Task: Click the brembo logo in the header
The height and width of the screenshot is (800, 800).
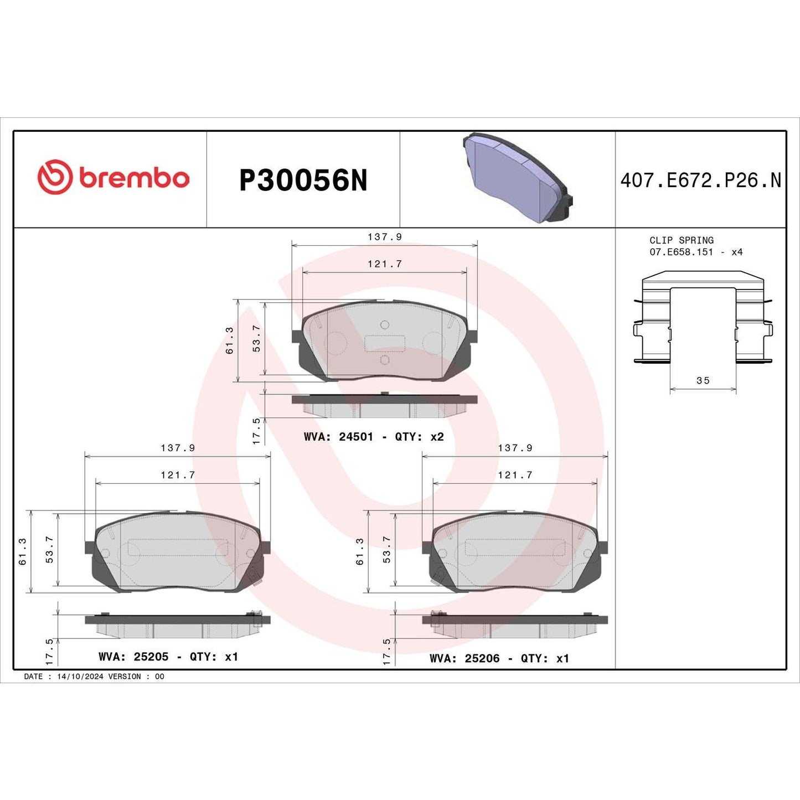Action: coord(113,178)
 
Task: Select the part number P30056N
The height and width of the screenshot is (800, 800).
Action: coord(303,180)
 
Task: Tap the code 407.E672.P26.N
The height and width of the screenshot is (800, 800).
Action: coord(700,180)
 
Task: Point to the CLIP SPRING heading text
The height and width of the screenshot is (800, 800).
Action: coord(681,240)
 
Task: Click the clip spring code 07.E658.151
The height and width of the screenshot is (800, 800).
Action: coord(681,252)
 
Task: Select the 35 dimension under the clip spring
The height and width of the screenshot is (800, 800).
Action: coord(703,380)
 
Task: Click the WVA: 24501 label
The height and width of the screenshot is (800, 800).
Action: coord(338,437)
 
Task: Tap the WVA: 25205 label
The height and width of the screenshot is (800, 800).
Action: coord(133,657)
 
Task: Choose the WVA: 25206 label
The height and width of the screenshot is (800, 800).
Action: coord(464,658)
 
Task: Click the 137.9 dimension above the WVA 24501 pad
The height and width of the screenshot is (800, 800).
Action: coord(384,237)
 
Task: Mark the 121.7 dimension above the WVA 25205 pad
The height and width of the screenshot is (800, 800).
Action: coord(178,475)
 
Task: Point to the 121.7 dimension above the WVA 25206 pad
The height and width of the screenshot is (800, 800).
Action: coord(515,475)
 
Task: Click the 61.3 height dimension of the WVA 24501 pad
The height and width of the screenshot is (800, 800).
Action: coord(229,340)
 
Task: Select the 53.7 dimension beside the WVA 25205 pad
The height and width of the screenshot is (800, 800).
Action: coord(49,550)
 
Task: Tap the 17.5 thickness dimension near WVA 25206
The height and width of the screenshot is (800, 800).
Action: coord(386,651)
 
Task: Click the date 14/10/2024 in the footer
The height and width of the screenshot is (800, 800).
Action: coord(80,677)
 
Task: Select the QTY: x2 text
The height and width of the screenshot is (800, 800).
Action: coord(419,437)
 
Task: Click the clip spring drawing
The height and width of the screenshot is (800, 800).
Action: coord(703,318)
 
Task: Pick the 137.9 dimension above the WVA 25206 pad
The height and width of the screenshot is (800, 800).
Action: coord(515,448)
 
